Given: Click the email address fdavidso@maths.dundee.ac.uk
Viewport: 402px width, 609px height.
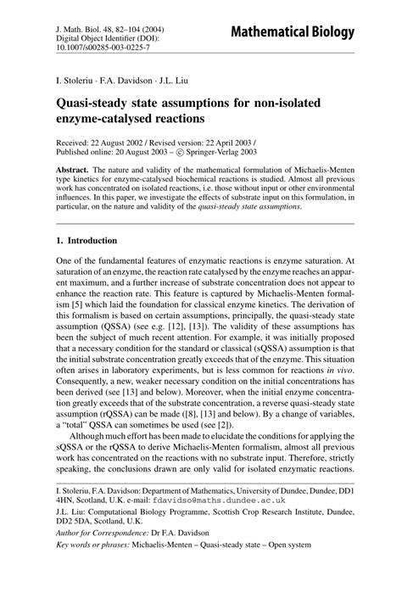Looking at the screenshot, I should click(181, 537).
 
